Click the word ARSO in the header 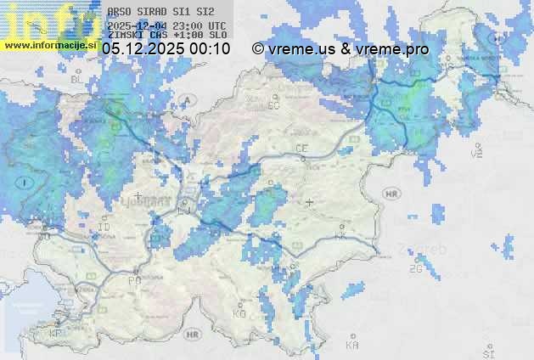pyautogui.click(x=119, y=13)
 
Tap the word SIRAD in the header pyautogui.click(x=153, y=13)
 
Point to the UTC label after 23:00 pyautogui.click(x=216, y=25)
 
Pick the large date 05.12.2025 pyautogui.click(x=142, y=49)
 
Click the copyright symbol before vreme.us pyautogui.click(x=258, y=49)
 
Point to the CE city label pyautogui.click(x=301, y=149)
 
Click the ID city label pyautogui.click(x=104, y=228)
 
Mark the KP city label pyautogui.click(x=56, y=334)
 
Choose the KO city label pyautogui.click(x=239, y=313)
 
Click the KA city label pyautogui.click(x=352, y=344)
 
